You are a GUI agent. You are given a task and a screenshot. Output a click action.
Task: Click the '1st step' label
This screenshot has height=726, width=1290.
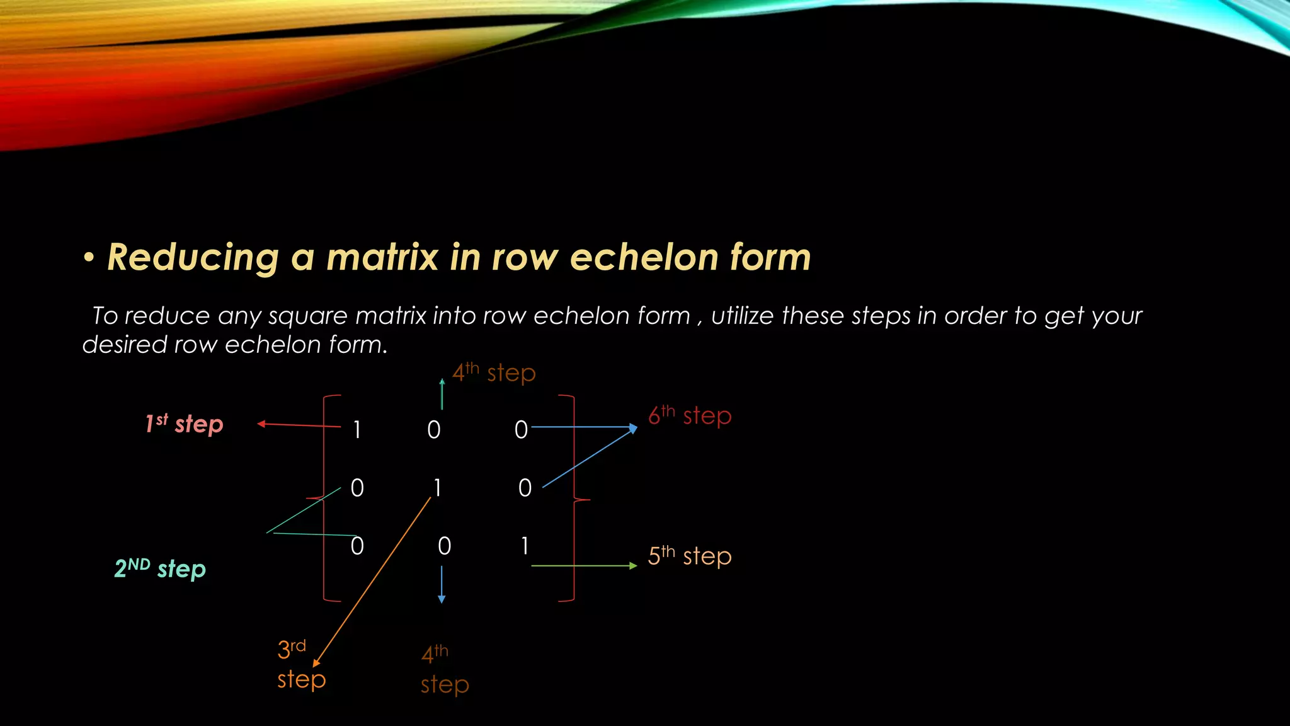click(x=184, y=424)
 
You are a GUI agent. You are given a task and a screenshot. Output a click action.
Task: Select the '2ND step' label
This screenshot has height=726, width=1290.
click(x=160, y=568)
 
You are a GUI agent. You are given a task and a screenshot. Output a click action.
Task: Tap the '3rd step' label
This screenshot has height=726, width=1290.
click(x=300, y=664)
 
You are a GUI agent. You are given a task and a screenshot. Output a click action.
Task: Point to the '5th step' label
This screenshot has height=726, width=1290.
click(x=690, y=556)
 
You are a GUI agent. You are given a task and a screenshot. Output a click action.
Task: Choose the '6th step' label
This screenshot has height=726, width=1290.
click(x=690, y=415)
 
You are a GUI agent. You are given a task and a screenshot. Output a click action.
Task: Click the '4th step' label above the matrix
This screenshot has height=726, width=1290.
click(x=494, y=372)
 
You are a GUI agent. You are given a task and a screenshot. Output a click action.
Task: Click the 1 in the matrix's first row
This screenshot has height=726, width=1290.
click(x=357, y=430)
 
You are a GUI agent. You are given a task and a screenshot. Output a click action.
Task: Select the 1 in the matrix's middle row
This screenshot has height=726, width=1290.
click(x=437, y=488)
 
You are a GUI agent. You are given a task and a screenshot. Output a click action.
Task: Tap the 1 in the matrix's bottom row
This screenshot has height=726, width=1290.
click(x=524, y=546)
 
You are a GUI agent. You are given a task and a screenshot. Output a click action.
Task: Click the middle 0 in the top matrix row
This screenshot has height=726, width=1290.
click(x=434, y=430)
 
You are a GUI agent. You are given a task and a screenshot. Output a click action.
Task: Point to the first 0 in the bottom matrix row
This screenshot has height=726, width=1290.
click(x=357, y=546)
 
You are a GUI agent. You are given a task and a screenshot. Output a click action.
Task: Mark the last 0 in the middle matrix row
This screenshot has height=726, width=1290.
click(x=525, y=488)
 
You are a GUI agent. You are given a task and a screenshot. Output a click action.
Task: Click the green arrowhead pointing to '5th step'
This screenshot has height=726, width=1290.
click(x=633, y=566)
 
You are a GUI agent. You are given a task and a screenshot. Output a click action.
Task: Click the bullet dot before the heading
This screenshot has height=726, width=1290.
click(x=89, y=258)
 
